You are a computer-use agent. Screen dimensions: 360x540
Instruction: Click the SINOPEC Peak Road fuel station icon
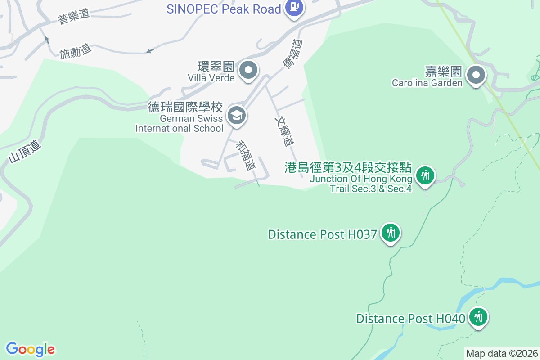coord(294,8)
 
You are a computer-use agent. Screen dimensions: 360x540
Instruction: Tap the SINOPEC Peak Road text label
coord(224,9)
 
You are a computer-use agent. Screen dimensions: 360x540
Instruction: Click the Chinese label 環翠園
coord(217,67)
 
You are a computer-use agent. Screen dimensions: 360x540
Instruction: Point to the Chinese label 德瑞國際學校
coord(185,107)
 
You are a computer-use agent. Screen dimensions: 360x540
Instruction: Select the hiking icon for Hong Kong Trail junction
coord(425,175)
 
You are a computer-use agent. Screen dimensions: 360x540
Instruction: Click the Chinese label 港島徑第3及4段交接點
coord(348,168)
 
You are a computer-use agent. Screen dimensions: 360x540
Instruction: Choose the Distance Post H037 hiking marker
coord(390,233)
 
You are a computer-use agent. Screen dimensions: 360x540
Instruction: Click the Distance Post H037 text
coord(322,234)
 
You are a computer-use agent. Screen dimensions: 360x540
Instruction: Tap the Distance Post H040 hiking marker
coord(478,317)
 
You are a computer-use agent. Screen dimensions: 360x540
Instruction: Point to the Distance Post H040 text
coord(410,319)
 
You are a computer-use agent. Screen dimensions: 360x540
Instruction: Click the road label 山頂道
coord(25,152)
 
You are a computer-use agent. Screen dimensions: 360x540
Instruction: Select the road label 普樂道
coord(74,17)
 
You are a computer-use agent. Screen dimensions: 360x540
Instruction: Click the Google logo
coord(31,349)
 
